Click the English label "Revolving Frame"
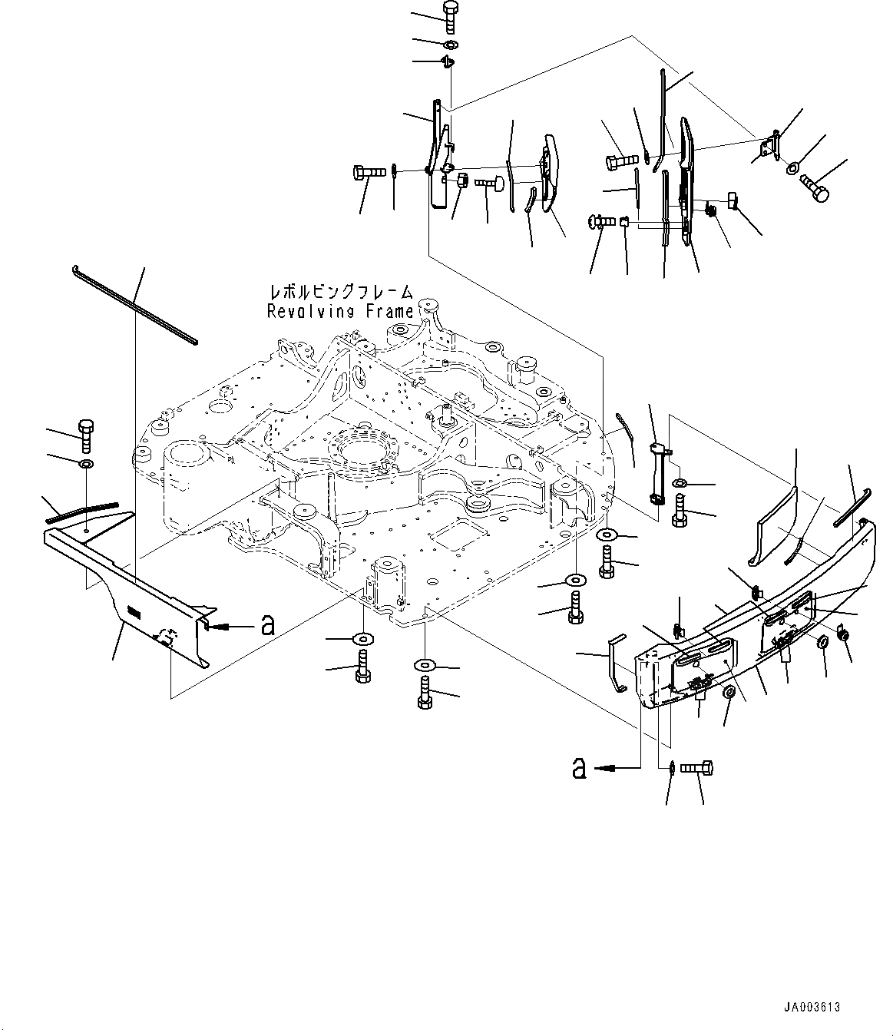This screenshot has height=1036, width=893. pyautogui.click(x=340, y=311)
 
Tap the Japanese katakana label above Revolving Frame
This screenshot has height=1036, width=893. pyautogui.click(x=341, y=292)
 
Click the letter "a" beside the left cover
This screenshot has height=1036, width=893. pyautogui.click(x=267, y=625)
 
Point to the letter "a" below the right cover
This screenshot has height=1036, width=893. pyautogui.click(x=580, y=766)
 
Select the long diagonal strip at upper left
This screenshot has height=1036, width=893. pyautogui.click(x=134, y=302)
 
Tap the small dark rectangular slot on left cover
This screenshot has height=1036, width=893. pyautogui.click(x=133, y=612)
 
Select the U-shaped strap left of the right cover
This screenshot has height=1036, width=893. pyautogui.click(x=619, y=662)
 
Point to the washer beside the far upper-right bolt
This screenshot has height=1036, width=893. pyautogui.click(x=795, y=166)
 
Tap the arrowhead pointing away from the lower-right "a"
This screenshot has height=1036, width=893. pyautogui.click(x=607, y=766)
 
